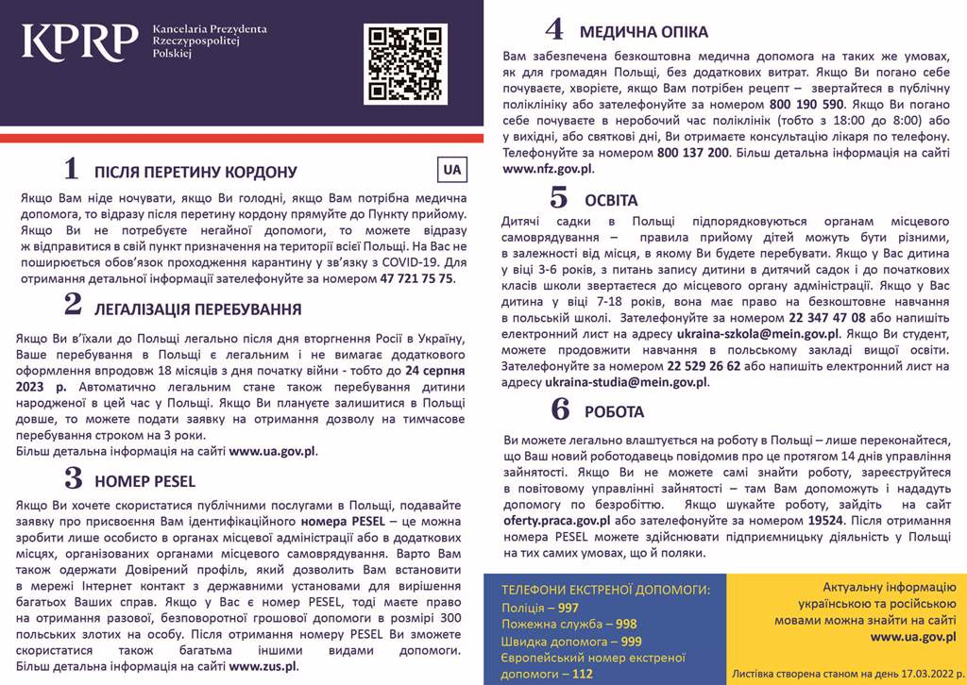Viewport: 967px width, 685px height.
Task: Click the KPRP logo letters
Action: pos(80,42)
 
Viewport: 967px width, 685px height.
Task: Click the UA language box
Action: pos(452,169)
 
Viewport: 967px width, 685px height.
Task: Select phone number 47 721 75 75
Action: pos(416,279)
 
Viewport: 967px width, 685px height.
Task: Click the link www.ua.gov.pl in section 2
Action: pos(272,451)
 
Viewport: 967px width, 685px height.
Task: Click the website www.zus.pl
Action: pos(263,666)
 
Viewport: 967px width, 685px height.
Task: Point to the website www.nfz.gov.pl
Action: pos(548,169)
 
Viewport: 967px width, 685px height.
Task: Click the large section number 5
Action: pos(559,199)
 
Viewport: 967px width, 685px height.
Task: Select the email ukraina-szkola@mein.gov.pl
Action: pos(758,334)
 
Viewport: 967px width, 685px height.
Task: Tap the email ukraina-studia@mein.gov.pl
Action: pos(626,382)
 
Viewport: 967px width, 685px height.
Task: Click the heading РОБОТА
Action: pos(614,412)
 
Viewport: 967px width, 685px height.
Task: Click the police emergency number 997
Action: pos(568,608)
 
